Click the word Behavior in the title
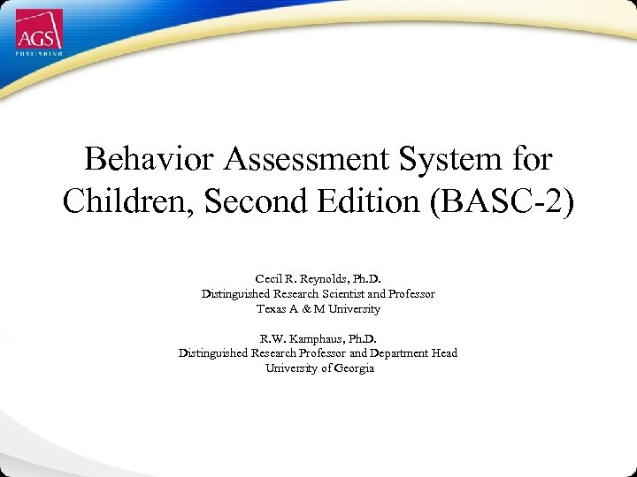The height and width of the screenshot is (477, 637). pos(138,160)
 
